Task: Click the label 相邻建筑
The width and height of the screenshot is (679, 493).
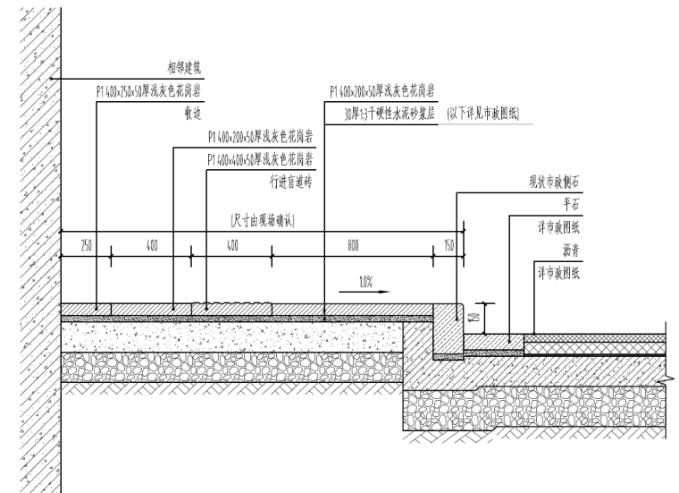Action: pos(186,67)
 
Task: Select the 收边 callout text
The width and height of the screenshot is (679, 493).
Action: pos(193,114)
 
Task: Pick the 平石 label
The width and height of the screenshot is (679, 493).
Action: pos(573,204)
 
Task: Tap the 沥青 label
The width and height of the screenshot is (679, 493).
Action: pos(573,252)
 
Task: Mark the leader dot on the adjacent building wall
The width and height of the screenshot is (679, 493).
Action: pos(53,79)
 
